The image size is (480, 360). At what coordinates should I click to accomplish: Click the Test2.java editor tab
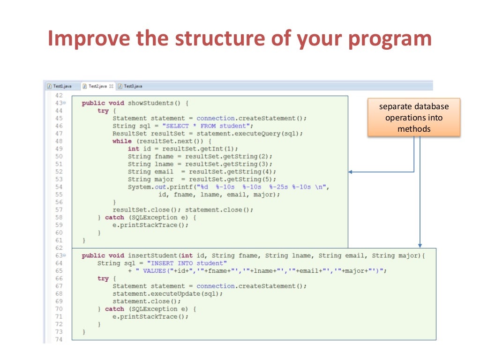[x=98, y=86]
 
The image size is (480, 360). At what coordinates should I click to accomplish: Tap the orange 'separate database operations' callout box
[x=414, y=117]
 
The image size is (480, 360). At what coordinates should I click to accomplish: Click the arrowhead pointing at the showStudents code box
[x=351, y=172]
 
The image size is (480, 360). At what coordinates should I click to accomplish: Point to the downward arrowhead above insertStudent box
[x=420, y=245]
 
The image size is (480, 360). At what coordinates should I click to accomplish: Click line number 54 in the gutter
[x=59, y=187]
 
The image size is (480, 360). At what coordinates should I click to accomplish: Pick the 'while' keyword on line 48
[x=122, y=141]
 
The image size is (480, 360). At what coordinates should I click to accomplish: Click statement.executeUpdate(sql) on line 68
[x=167, y=294]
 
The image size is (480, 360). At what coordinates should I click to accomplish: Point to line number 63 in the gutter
[x=59, y=256]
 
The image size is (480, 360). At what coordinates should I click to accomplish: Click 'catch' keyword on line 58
[x=114, y=217]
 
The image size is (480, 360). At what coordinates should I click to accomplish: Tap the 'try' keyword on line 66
[x=103, y=278]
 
